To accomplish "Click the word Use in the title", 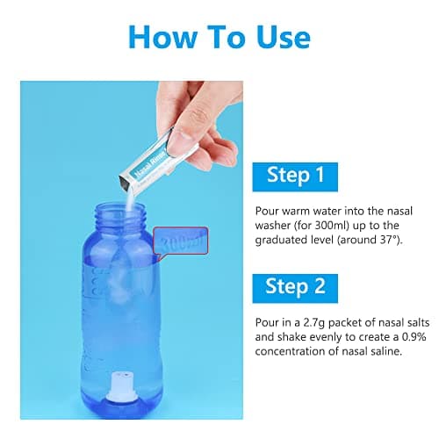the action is [284, 37].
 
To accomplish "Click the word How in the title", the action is [163, 37].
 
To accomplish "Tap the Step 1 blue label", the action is [295, 177].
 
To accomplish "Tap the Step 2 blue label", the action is [295, 288].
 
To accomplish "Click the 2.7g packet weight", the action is [314, 322].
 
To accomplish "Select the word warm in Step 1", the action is [295, 211].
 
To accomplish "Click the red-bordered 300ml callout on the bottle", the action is [181, 241].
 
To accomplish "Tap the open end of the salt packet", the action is [126, 184].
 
